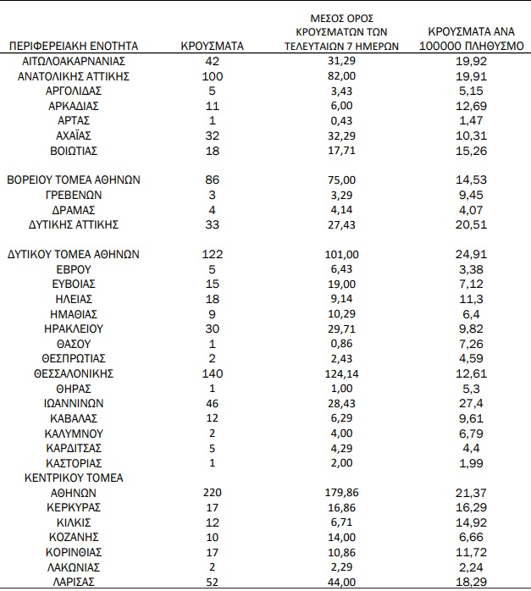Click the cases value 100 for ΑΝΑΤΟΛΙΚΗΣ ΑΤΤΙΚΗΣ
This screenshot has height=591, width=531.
(212, 76)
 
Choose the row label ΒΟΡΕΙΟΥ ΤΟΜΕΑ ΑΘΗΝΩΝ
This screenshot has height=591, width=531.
(73, 180)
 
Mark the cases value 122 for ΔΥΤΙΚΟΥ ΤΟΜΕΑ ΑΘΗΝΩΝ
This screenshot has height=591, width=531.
(212, 254)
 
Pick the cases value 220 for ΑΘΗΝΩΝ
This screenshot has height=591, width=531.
(212, 492)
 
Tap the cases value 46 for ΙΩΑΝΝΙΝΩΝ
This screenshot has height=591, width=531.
(212, 403)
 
